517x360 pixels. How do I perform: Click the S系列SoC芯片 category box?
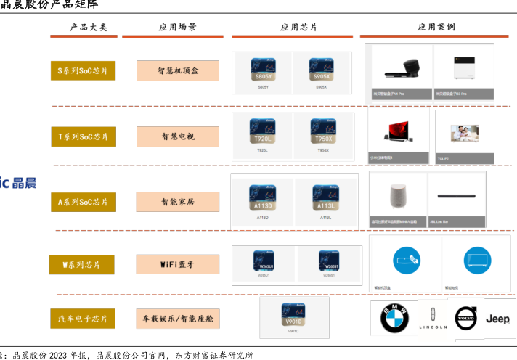pyautogui.click(x=83, y=71)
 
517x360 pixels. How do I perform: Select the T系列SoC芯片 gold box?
pyautogui.click(x=83, y=136)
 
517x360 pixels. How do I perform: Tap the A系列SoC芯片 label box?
pyautogui.click(x=83, y=202)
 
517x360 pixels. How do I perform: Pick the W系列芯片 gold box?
pyautogui.click(x=82, y=265)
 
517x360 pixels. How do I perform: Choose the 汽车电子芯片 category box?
pyautogui.click(x=83, y=318)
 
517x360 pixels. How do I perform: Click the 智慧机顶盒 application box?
pyautogui.click(x=178, y=71)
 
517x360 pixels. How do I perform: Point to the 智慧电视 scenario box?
pyautogui.click(x=178, y=136)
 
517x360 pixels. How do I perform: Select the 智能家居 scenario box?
pyautogui.click(x=178, y=202)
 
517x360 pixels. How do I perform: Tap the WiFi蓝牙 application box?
pyautogui.click(x=178, y=265)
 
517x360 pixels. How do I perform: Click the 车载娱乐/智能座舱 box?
pyautogui.click(x=178, y=318)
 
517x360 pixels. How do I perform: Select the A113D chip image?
pyautogui.click(x=262, y=197)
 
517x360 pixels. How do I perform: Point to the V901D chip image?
pyautogui.click(x=293, y=314)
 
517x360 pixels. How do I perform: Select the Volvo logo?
pyautogui.click(x=465, y=319)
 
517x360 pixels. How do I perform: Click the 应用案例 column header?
pyautogui.click(x=436, y=27)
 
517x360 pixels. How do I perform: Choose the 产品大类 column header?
pyautogui.click(x=89, y=27)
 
